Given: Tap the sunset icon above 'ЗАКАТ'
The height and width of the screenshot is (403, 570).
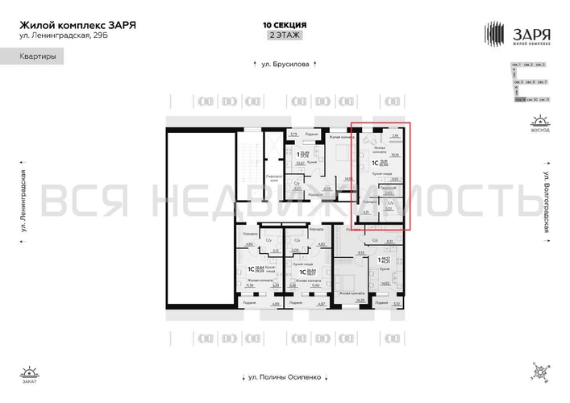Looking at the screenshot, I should click(29, 372).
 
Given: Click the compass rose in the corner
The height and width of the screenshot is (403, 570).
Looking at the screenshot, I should click(539, 372).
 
